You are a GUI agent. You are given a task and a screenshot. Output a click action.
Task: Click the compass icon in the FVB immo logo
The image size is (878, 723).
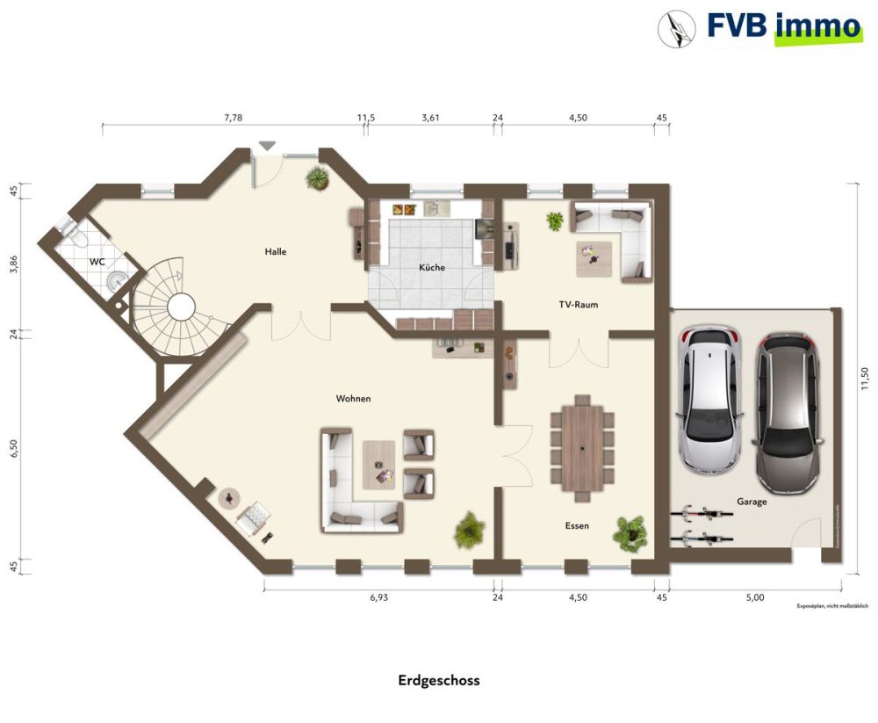point(676,28)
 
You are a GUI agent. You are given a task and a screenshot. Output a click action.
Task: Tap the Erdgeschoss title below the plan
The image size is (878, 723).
point(439,680)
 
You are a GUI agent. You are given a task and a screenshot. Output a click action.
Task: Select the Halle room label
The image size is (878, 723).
point(276,252)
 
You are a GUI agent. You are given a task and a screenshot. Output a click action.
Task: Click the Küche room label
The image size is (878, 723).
point(431,267)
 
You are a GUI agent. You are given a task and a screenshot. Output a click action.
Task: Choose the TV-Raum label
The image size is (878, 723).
point(578,305)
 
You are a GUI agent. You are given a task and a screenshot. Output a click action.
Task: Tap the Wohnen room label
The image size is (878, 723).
point(353,399)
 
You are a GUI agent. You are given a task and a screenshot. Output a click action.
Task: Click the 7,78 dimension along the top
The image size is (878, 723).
point(234,117)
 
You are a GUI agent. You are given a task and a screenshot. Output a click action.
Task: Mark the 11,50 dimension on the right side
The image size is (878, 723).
point(864,378)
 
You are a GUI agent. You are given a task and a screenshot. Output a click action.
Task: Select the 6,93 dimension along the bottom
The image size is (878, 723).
point(378,597)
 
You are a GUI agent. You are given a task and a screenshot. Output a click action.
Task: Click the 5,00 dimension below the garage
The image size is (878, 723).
point(755,597)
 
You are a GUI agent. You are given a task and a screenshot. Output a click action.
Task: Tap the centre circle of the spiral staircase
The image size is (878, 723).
point(181,307)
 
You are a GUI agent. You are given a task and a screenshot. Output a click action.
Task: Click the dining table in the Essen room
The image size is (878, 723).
point(583,443)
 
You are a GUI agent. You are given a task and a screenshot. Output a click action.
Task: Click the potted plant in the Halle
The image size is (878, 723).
point(316,179)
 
